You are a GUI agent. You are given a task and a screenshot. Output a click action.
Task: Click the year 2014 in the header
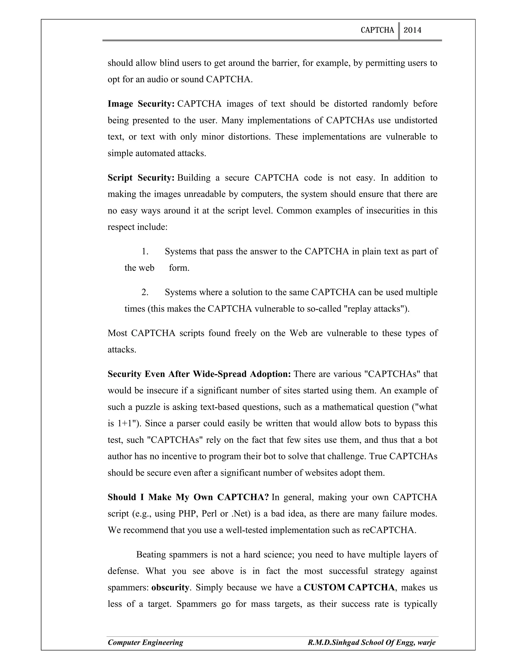coord(412,30)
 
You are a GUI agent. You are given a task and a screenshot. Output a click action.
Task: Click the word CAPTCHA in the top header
coord(377,30)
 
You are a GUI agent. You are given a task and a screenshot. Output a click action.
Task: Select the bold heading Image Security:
coord(141,104)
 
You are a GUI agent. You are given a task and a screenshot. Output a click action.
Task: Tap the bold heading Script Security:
coord(141,178)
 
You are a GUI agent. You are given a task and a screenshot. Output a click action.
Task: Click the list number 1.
coord(145,252)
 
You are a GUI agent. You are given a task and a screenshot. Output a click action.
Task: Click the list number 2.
coord(145,292)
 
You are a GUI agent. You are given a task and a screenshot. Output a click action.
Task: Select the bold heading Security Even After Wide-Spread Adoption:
coord(199,374)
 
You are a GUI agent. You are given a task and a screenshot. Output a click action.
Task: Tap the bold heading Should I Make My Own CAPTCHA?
coord(188,497)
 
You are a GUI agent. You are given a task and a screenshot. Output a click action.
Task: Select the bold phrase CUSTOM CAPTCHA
coord(349,588)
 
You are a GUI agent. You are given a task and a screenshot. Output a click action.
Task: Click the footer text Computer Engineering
coord(145,642)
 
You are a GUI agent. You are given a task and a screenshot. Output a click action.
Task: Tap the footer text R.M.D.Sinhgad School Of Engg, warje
coord(371,642)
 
